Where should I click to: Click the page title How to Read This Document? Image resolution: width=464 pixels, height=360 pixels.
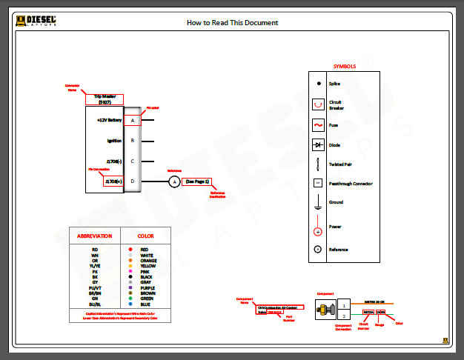(x=232, y=22)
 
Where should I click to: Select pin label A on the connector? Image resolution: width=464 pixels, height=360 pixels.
(x=133, y=119)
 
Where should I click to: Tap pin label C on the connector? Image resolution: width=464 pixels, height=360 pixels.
(x=133, y=161)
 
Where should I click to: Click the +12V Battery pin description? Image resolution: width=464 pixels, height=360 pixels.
(x=109, y=119)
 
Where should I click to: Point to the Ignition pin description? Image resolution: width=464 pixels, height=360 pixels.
(x=113, y=140)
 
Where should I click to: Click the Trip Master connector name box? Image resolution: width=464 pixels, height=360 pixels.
(x=105, y=99)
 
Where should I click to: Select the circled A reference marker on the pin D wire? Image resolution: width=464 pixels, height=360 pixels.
(x=174, y=181)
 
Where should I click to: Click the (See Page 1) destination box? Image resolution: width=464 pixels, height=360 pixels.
(x=198, y=181)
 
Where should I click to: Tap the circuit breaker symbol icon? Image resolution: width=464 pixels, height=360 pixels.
(x=318, y=105)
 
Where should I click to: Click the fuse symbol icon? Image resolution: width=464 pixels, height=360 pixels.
(x=318, y=125)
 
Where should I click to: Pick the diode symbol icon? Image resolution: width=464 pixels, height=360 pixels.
(x=318, y=145)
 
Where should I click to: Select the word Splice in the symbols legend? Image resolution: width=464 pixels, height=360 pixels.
(x=334, y=84)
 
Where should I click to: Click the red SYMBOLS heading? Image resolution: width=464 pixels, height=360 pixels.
(x=344, y=66)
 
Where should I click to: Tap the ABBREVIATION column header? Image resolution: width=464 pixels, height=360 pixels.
(x=95, y=236)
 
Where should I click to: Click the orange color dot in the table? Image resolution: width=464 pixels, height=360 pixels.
(x=130, y=260)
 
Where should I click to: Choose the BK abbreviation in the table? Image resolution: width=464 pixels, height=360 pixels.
(x=95, y=276)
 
